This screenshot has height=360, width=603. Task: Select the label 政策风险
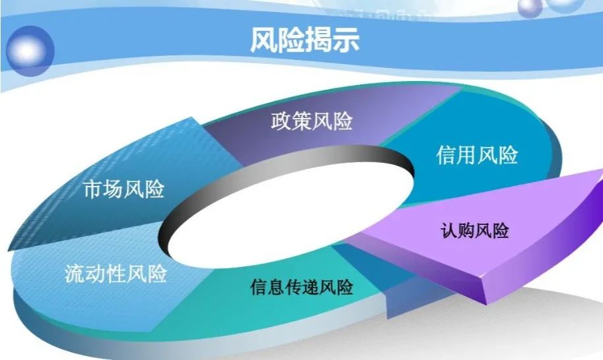tap(312, 121)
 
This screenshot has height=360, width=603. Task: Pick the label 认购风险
tap(474, 231)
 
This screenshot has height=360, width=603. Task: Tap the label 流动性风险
tap(115, 274)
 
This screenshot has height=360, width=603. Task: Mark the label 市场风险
tap(124, 189)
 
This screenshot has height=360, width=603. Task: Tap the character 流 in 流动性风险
tap(75, 274)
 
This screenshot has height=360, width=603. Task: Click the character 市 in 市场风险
tap(94, 189)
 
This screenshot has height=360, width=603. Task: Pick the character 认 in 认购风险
tap(449, 231)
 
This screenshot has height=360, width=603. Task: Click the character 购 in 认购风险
tap(466, 231)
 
